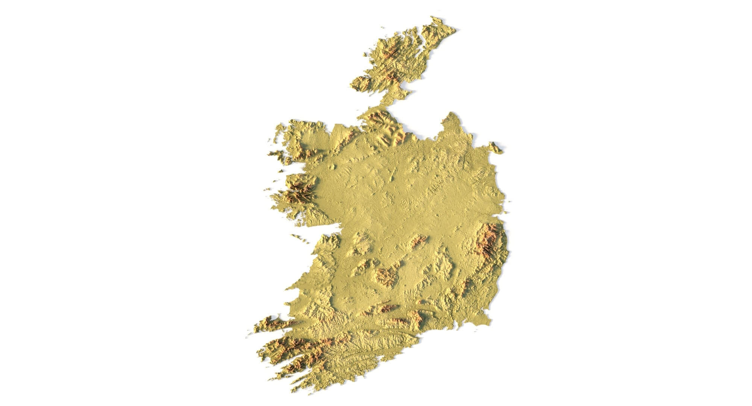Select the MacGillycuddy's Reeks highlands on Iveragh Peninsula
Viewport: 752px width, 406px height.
pos(290,346)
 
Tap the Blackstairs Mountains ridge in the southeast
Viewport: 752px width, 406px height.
pos(466,286)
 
